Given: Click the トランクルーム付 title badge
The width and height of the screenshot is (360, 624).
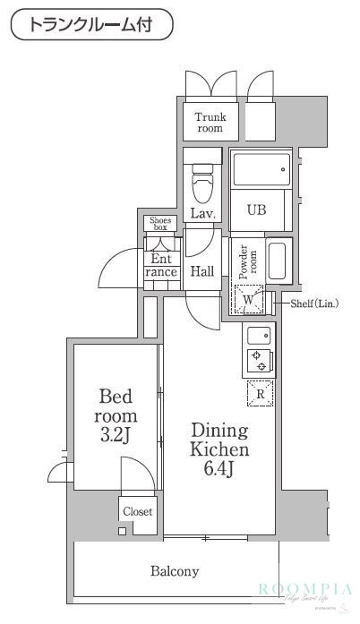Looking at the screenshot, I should click(91, 24).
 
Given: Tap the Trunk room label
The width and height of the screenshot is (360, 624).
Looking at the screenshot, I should click(210, 122).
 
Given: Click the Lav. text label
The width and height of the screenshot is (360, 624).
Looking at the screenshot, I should click(202, 213).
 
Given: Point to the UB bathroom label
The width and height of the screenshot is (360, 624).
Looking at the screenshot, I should click(257, 209).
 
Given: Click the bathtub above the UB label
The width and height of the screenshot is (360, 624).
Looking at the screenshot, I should click(261, 168).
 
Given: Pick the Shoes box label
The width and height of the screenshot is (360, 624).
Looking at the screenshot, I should click(159, 224).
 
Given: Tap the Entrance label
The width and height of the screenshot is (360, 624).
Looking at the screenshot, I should click(161, 265).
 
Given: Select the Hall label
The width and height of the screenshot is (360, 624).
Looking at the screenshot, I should click(202, 271).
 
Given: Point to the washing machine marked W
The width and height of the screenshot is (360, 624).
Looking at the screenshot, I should click(248, 300).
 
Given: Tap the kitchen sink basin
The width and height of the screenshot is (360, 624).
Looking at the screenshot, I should click(260, 337).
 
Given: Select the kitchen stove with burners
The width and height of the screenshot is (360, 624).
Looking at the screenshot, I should click(260, 360).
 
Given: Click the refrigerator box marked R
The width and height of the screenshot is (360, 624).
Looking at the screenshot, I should click(261, 393).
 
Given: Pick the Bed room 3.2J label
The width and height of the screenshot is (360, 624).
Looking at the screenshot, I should click(116, 416).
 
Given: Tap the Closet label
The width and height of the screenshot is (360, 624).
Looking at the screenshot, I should click(138, 512).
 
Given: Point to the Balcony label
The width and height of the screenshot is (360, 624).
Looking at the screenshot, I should click(175, 570).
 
